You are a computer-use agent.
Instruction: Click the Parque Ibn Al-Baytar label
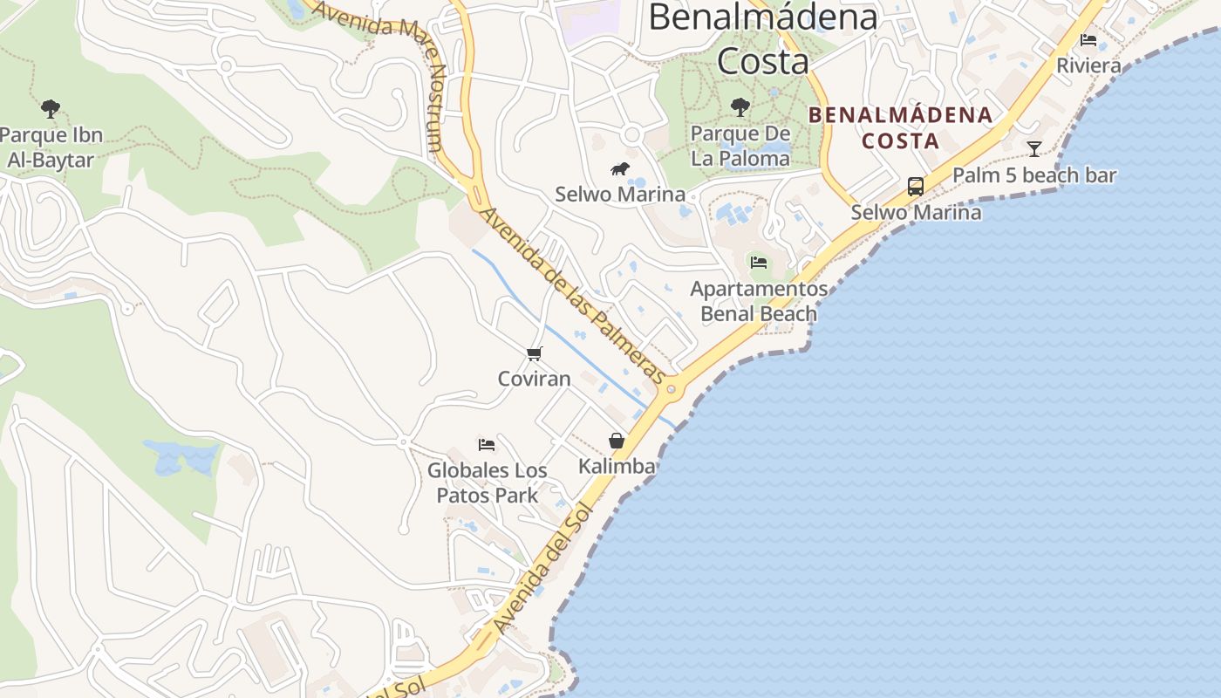(x=51, y=147)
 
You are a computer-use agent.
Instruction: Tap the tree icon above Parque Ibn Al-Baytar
(x=51, y=109)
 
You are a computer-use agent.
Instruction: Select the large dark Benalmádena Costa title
(x=762, y=38)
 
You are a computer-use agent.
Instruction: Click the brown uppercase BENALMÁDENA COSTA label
(x=900, y=127)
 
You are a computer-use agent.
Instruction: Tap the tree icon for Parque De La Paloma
(x=740, y=107)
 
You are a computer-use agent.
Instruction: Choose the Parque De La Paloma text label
(x=740, y=146)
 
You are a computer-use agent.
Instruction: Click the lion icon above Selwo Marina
(x=620, y=169)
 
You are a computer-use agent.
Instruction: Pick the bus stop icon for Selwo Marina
(x=915, y=186)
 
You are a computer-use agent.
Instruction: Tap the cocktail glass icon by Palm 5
(x=1034, y=149)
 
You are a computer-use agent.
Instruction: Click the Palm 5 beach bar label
(x=1034, y=175)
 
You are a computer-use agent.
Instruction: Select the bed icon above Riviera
(x=1088, y=40)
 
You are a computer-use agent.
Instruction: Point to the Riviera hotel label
(x=1088, y=65)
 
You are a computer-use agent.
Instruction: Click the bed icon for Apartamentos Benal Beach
(x=759, y=262)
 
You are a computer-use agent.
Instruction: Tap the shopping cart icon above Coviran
(x=535, y=353)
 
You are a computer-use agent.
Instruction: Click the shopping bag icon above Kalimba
(x=617, y=441)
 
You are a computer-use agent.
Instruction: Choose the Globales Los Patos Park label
(x=487, y=482)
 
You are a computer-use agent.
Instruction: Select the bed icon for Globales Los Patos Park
(x=487, y=445)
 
